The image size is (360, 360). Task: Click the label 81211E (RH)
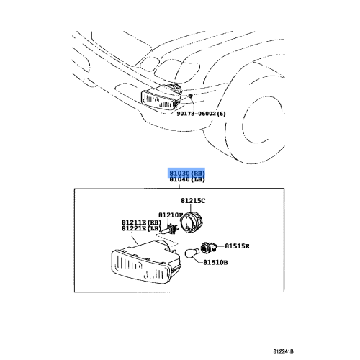(139, 222)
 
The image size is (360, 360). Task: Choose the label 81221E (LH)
(139, 228)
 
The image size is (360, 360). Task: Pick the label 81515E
(237, 246)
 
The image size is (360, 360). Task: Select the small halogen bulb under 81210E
(173, 230)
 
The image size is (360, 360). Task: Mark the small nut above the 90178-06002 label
(191, 95)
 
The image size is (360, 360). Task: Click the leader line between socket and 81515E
(221, 246)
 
